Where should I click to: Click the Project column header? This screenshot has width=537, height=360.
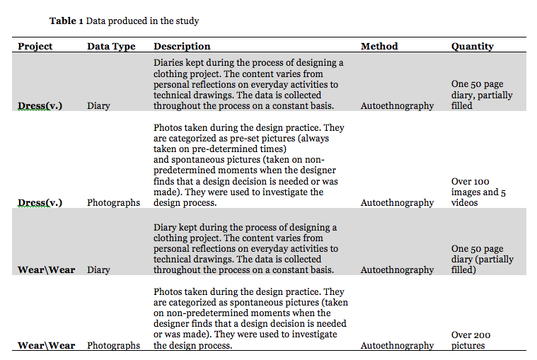35,47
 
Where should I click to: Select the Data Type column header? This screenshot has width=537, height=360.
111,47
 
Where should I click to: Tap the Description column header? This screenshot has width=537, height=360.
182,47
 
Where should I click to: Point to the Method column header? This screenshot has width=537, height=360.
379,47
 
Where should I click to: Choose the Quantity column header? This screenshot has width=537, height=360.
473,47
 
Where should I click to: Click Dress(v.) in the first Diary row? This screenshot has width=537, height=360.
40,106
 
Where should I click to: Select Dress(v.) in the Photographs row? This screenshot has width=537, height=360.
40,202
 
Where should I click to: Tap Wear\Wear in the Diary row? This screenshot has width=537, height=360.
46,269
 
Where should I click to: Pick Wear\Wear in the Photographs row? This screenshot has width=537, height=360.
46,346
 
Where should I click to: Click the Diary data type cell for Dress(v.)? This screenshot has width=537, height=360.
98,106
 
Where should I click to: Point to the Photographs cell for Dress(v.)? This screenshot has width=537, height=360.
113,202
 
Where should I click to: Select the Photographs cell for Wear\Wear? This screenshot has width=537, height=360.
113,346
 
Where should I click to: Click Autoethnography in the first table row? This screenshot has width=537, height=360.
397,106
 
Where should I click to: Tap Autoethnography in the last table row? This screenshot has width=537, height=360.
397,346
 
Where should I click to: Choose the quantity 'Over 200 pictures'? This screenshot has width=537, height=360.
471,340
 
